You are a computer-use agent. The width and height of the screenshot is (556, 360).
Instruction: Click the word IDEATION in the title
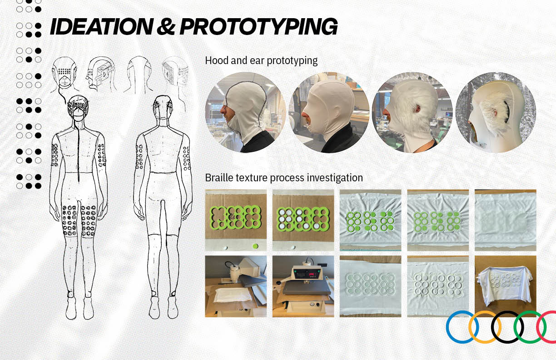(102, 26)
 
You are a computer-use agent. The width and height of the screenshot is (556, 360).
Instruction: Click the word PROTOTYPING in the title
(258, 27)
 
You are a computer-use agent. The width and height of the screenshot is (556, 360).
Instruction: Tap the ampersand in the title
(166, 26)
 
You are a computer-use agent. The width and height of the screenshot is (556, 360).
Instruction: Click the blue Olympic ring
(462, 327)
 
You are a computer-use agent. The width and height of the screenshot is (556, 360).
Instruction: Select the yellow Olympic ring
(485, 327)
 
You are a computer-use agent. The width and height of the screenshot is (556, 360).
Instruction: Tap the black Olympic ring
(507, 327)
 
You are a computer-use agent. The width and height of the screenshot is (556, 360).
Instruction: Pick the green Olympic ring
(530, 327)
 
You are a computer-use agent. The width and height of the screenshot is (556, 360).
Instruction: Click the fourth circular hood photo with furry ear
(496, 113)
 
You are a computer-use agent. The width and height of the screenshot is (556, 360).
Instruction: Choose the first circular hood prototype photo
(245, 113)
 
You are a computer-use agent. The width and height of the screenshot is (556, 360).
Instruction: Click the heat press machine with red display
(303, 286)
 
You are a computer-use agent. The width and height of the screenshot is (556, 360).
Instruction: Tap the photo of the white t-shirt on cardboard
(506, 286)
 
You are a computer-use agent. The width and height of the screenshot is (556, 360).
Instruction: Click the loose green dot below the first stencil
(255, 246)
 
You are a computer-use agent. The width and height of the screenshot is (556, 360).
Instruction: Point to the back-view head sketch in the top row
(139, 75)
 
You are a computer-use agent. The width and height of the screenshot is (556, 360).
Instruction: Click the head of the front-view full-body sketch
(78, 108)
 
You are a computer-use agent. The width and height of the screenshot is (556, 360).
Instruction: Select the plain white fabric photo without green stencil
(506, 220)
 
